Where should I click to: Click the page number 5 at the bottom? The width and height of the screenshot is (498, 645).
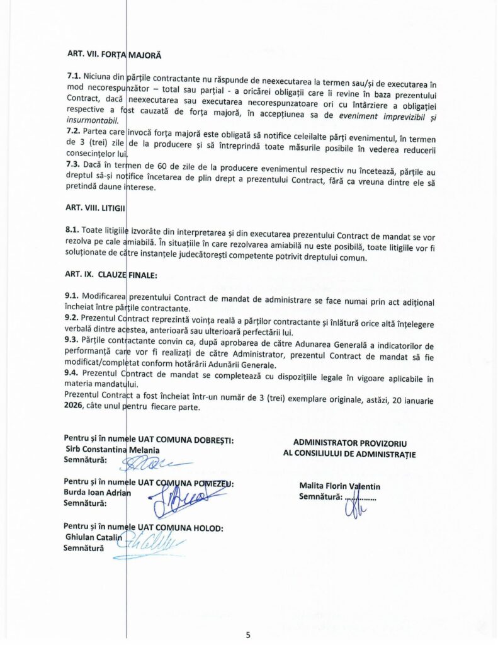point(248,634)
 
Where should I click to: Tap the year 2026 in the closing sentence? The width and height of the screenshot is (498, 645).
point(74,407)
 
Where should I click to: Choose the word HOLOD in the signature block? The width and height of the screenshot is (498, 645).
point(207,527)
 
